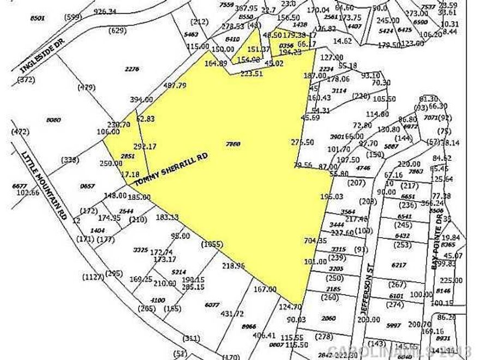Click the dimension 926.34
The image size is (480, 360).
(x=106, y=11)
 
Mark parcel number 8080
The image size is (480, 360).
(x=53, y=119)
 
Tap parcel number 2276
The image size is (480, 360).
(x=132, y=69)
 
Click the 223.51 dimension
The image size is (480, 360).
(x=251, y=75)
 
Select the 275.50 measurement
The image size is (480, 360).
(x=302, y=142)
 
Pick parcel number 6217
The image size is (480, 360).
(x=399, y=265)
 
